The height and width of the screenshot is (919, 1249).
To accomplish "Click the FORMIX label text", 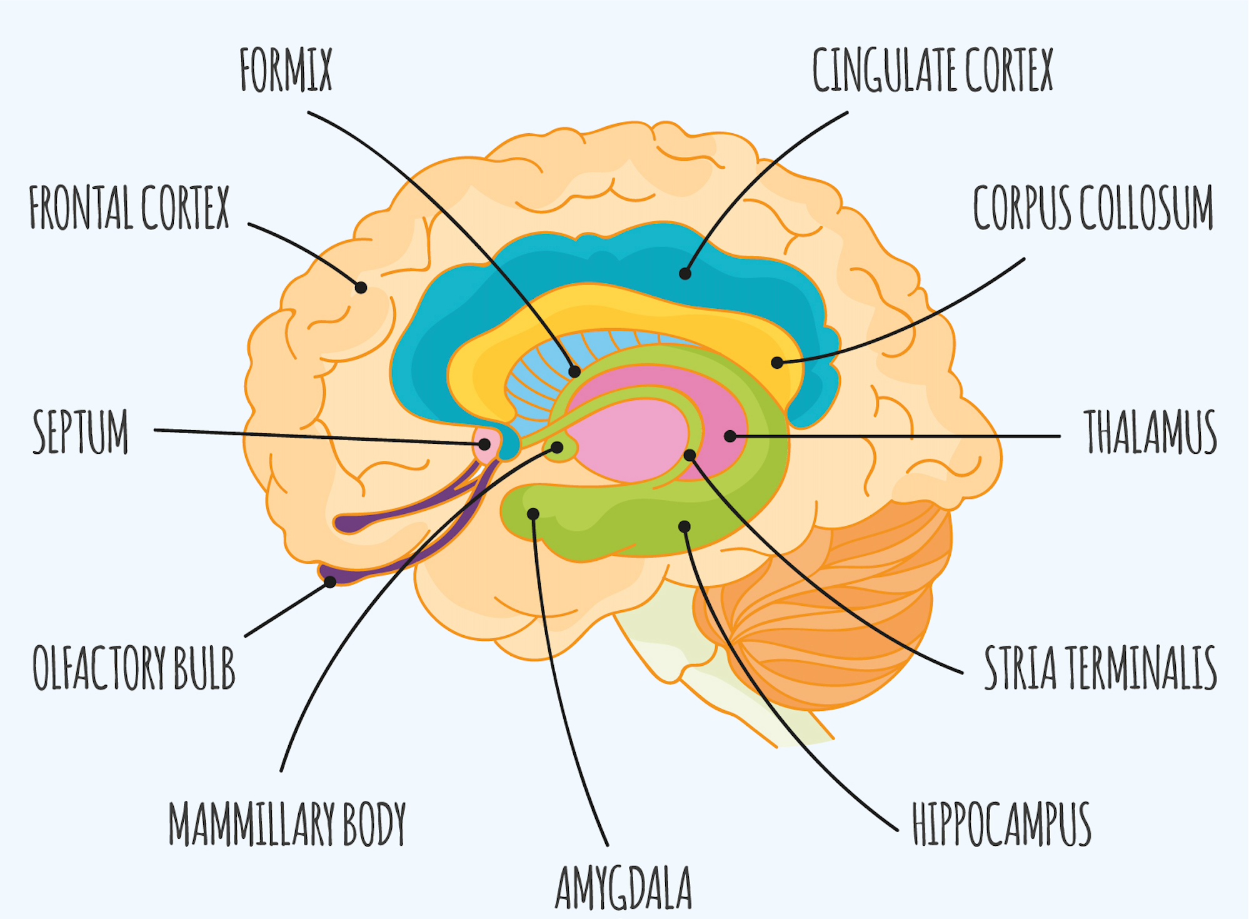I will pos(286,70).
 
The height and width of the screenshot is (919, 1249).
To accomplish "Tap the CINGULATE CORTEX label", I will pos(932,70).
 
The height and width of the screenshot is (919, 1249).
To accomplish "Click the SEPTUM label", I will pos(81,431).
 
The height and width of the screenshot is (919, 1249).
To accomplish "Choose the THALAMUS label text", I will pos(1150,431).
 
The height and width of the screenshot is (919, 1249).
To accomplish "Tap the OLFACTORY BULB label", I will pos(134,668).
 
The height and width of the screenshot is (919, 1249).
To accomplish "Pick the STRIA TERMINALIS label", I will pos(1100,668).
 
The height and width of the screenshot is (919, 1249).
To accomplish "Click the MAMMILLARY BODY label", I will pos(288,824).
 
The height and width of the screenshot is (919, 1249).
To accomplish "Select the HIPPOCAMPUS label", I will pos(1001,824).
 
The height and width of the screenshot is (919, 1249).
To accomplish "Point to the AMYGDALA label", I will pos(624,888).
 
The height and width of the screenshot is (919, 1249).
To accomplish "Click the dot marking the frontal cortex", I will pos(361,288).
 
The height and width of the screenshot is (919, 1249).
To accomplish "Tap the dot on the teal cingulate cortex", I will pos(685,273).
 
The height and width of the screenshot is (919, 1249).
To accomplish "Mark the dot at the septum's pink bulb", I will pos(484,444).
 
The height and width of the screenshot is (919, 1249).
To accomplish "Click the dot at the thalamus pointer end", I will pos(730,436).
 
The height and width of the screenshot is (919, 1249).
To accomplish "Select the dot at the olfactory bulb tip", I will pos(330,581).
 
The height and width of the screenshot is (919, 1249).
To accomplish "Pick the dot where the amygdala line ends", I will pos(533,514).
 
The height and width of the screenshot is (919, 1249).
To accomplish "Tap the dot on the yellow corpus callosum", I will pos(777,362).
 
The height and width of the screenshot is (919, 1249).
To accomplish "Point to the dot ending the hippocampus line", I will pos(685,526).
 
